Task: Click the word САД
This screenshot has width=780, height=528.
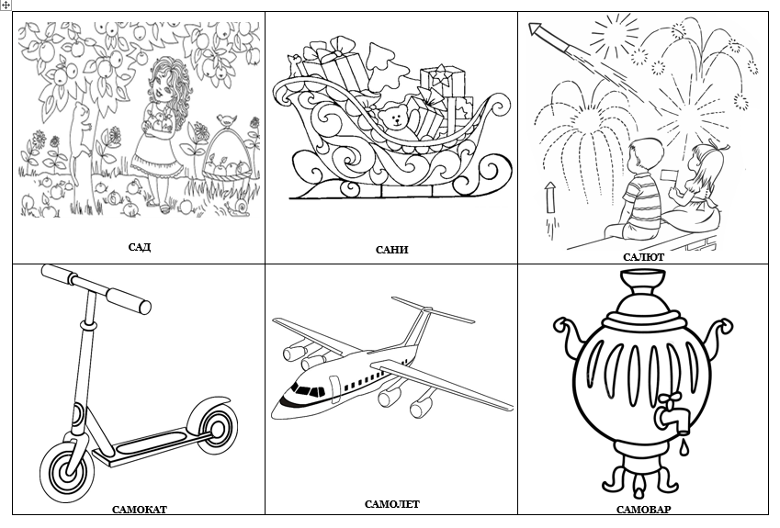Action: pos(140,247)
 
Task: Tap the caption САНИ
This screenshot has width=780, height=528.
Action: pos(391,250)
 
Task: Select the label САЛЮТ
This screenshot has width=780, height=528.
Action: pos(643,257)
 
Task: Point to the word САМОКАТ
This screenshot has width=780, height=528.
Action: pos(140,510)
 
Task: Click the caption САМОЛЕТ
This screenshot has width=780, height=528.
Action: pos(392,504)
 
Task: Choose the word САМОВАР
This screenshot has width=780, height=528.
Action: pos(643,510)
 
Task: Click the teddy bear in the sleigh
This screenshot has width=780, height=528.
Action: pos(395,122)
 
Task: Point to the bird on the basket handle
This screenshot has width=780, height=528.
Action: pos(226,119)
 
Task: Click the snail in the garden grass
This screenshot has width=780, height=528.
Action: pos(240,208)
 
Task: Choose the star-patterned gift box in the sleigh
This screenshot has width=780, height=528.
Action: pos(442,81)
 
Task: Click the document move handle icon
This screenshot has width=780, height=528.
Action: pos(5,5)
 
